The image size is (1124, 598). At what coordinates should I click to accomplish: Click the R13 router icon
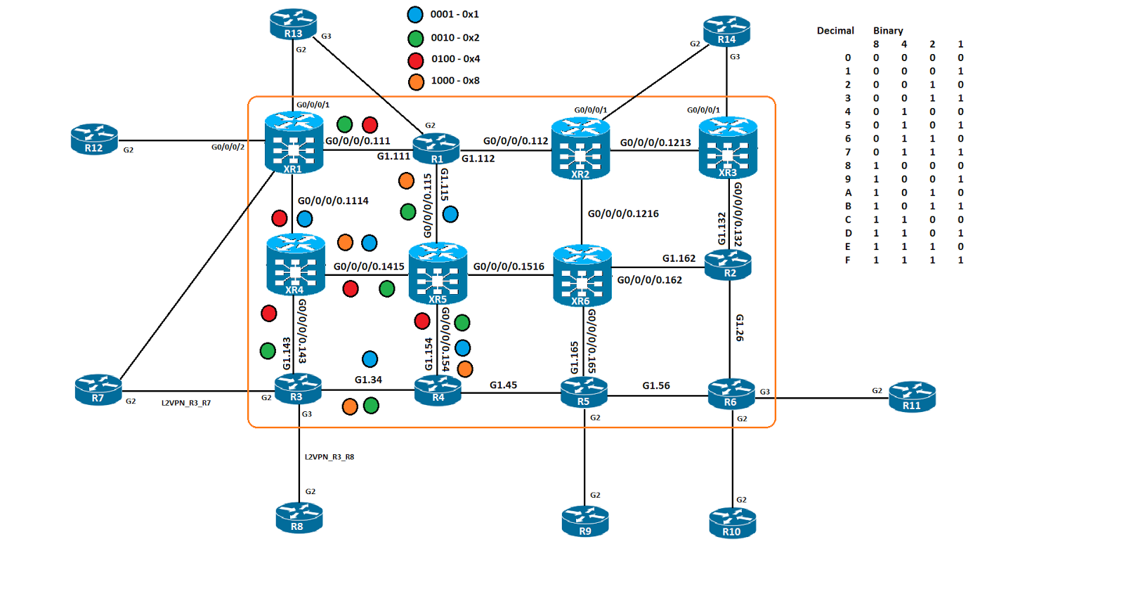[293, 24]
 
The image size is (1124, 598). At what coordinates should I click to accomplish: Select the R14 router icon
[726, 31]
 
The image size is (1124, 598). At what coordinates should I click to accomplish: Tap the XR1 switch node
[294, 143]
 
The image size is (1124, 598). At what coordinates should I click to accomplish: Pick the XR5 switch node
[438, 273]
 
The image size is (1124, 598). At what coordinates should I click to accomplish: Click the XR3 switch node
[728, 147]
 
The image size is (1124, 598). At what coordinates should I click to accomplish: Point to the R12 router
[94, 139]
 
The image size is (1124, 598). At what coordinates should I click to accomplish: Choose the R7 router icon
[98, 390]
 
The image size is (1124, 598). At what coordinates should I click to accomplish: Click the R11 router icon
[912, 397]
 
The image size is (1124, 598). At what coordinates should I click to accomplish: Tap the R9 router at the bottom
[585, 521]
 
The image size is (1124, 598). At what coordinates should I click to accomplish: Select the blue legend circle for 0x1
[415, 15]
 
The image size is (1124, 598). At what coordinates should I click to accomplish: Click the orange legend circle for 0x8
[416, 82]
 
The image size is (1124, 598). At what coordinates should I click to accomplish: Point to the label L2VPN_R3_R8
[329, 457]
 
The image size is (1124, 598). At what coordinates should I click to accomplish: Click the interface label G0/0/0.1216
[623, 214]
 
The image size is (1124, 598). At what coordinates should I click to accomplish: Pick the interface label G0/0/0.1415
[369, 267]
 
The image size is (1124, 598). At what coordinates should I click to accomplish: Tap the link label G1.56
[656, 386]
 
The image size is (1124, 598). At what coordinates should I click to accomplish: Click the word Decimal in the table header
[835, 31]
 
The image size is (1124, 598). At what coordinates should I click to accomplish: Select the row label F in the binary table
[848, 260]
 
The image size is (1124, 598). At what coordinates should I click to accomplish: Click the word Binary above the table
[888, 31]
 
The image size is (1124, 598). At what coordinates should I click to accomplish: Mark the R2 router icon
[728, 265]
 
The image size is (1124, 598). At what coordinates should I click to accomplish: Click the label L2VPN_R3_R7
[186, 403]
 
